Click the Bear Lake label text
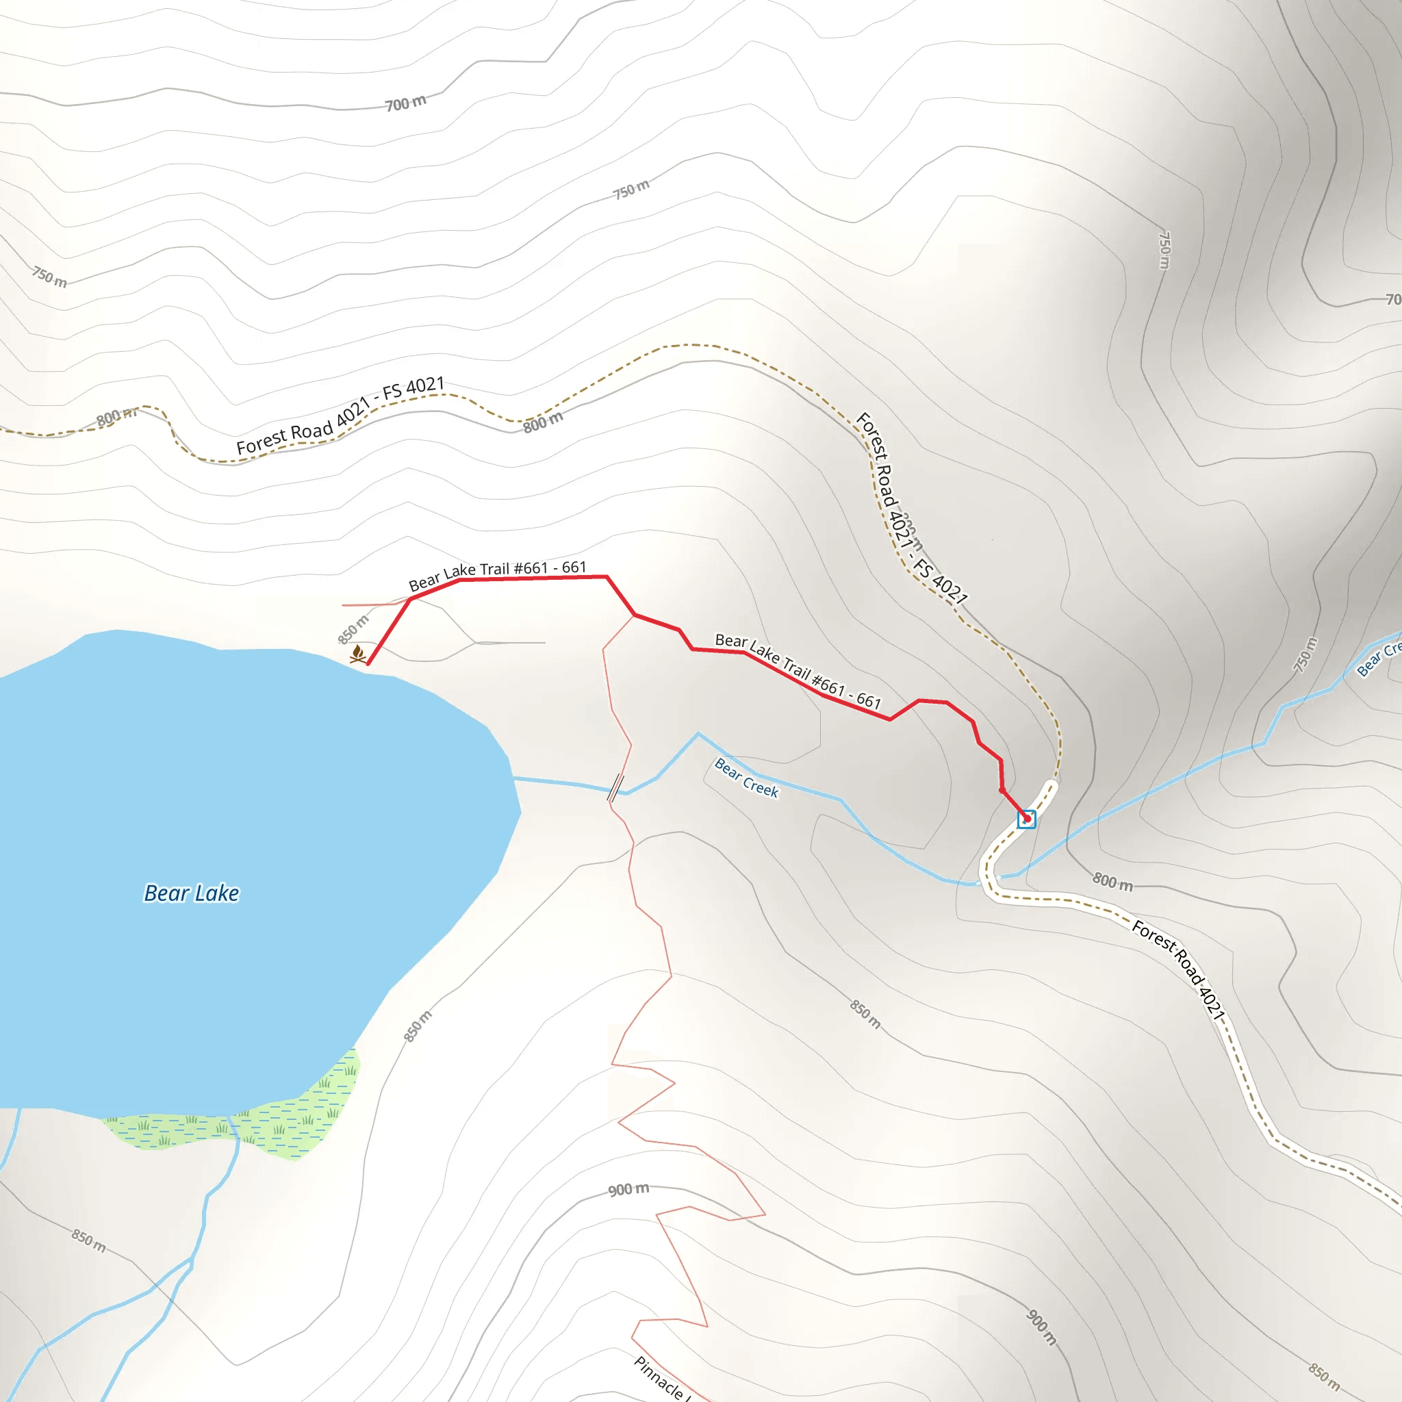coord(192,893)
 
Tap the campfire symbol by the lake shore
coord(358,654)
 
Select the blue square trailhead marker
coord(1026,819)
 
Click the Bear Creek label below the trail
coord(746,778)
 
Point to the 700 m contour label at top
coord(406,103)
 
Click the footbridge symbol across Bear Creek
coord(615,787)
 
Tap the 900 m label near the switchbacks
coord(628,1189)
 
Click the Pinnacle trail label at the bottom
coord(661,1378)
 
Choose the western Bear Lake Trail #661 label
coord(497,575)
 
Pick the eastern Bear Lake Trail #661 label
coord(798,670)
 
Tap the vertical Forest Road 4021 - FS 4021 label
coord(910,508)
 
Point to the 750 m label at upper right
coord(1164,250)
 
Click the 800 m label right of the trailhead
coord(1112,882)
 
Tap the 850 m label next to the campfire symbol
coord(353,629)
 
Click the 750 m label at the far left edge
coord(49,277)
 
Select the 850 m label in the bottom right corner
coord(1325,1377)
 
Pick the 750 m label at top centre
coord(630,190)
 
